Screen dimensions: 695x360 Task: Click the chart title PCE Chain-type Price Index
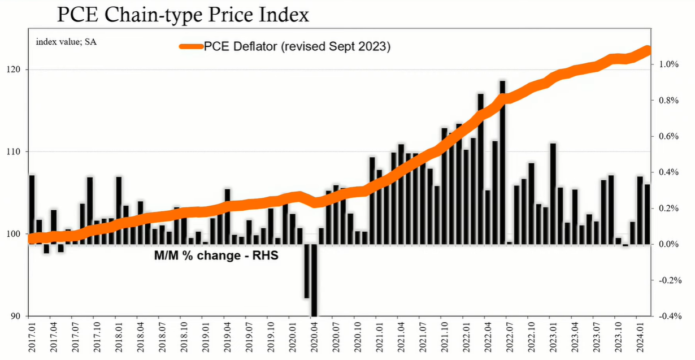point(183,14)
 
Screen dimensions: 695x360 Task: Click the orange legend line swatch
point(191,47)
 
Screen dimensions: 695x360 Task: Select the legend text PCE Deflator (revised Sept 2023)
point(297,46)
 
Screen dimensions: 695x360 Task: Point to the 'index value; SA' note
point(66,42)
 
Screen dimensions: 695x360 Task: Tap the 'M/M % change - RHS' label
point(216,255)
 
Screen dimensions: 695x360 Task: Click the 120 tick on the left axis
point(13,70)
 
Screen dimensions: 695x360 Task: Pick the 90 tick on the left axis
point(15,316)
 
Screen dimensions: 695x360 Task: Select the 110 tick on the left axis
point(13,152)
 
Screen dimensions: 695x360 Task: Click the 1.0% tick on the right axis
point(669,64)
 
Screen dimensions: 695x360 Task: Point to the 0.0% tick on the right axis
point(669,245)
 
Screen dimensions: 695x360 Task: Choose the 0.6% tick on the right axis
point(669,136)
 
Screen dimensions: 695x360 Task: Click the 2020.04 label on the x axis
point(314,337)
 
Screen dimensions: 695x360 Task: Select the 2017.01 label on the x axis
point(32,337)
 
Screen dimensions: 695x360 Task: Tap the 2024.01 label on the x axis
point(640,337)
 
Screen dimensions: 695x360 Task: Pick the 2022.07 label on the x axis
point(510,337)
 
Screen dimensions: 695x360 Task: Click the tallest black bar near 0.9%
point(502,162)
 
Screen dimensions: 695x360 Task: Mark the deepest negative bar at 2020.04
point(314,280)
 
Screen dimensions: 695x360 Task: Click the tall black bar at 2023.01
point(553,194)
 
